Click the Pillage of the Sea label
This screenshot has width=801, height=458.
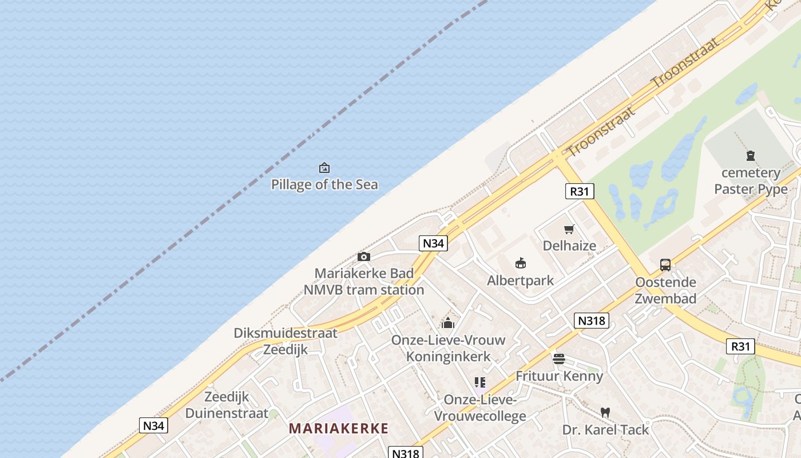pyautogui.click(x=324, y=184)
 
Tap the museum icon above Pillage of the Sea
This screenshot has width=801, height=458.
pyautogui.click(x=324, y=168)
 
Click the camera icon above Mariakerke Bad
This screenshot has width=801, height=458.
pyautogui.click(x=363, y=256)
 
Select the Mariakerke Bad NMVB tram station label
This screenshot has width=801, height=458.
pyautogui.click(x=364, y=282)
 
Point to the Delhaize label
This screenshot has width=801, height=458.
pyautogui.click(x=569, y=246)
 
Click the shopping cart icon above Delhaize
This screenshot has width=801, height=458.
pyautogui.click(x=569, y=230)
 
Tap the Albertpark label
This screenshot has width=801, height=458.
pyautogui.click(x=520, y=280)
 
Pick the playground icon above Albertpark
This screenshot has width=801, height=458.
pyautogui.click(x=521, y=263)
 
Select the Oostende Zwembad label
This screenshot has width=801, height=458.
pyautogui.click(x=666, y=290)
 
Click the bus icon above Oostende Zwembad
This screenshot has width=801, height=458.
pyautogui.click(x=665, y=265)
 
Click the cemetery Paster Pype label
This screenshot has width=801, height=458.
pyautogui.click(x=751, y=181)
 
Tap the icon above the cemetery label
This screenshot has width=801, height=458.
pyautogui.click(x=751, y=156)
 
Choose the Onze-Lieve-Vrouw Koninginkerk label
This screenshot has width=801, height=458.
pyautogui.click(x=449, y=348)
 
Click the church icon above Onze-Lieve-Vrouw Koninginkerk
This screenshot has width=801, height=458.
pyautogui.click(x=448, y=323)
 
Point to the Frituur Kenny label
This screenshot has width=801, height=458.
pyautogui.click(x=559, y=376)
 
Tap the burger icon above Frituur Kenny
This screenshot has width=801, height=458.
pyautogui.click(x=559, y=359)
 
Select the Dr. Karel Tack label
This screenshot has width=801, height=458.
pyautogui.click(x=605, y=429)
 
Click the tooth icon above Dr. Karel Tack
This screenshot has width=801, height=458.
pyautogui.click(x=605, y=412)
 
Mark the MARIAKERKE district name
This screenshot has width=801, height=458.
pyautogui.click(x=339, y=428)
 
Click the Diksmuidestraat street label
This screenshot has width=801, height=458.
pyautogui.click(x=285, y=333)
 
